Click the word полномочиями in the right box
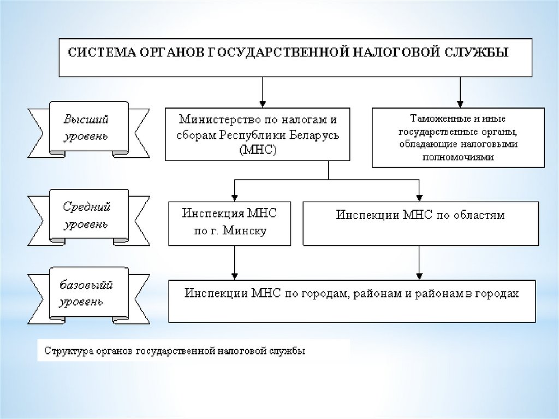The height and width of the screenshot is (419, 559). point(458,157)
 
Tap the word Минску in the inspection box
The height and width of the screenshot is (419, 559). point(247,231)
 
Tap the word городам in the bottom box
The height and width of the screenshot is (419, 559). point(319,293)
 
